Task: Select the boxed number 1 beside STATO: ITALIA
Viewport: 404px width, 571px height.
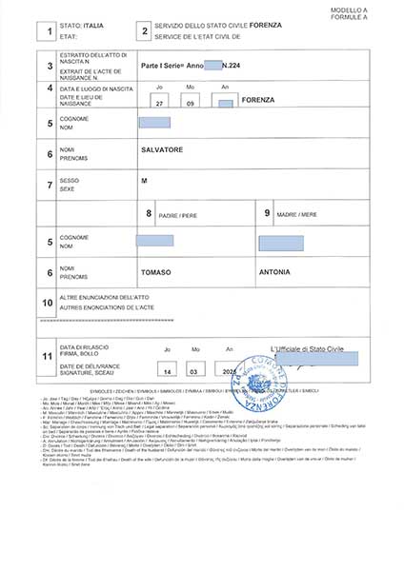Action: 50,32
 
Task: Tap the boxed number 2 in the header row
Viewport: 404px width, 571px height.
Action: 144,32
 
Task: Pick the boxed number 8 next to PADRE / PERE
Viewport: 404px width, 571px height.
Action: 148,214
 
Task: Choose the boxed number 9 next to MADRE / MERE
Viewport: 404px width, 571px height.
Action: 269,214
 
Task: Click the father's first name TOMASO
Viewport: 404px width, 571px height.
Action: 156,271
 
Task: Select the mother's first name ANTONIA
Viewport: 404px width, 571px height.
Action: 275,271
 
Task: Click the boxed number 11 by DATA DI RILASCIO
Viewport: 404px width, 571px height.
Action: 49,357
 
